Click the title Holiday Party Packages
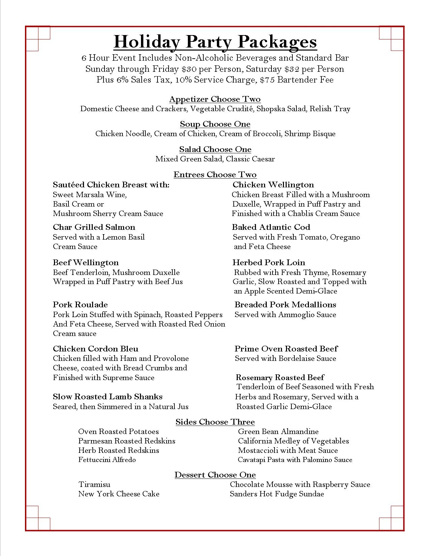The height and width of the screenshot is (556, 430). pos(215,42)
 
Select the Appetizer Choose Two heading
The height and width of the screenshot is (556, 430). pos(215,99)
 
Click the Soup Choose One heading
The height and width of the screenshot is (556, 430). pos(215,124)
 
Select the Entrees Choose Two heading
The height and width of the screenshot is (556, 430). pos(215,175)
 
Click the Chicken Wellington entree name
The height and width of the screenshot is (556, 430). pos(273,185)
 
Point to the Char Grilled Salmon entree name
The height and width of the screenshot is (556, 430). pos(94,227)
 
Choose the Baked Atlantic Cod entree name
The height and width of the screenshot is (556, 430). pos(271,227)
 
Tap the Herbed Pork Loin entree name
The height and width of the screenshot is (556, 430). pos(269,262)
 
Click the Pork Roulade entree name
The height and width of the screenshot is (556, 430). pos(80,305)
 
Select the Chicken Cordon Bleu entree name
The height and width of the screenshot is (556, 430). pos(95,349)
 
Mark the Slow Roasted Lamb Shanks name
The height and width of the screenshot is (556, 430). pos(108,397)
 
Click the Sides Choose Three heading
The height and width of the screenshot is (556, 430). pos(215,422)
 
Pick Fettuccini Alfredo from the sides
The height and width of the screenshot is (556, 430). pos(107,460)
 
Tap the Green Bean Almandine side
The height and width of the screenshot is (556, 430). pos(278,431)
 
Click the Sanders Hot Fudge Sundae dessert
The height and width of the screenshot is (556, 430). pos(277,494)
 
